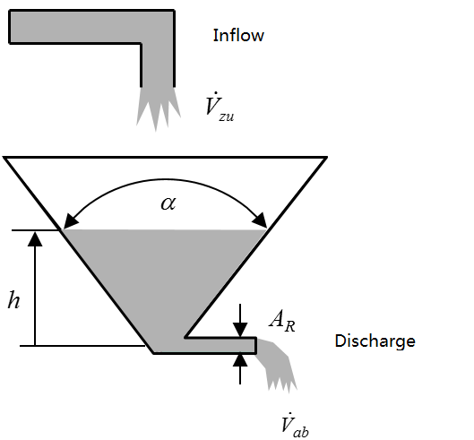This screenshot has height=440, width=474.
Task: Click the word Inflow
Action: [x=238, y=35]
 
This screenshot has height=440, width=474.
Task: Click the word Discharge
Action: [x=375, y=341]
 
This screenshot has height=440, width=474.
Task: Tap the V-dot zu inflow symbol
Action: [x=220, y=107]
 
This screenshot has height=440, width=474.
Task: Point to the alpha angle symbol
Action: [x=168, y=203]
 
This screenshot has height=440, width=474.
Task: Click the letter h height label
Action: [x=14, y=300]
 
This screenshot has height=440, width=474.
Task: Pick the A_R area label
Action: [x=281, y=321]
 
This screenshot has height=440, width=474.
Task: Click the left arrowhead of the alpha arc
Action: [x=70, y=220]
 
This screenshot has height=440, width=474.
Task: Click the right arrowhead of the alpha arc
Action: [x=260, y=220]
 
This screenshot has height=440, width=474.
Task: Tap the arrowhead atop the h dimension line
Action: [x=35, y=239]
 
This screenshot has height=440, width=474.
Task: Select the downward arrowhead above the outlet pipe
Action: [x=240, y=330]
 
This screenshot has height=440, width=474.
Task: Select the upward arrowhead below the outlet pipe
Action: [x=240, y=360]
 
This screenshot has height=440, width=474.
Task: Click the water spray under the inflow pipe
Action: [x=158, y=108]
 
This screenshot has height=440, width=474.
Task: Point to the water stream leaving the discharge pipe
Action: [x=276, y=365]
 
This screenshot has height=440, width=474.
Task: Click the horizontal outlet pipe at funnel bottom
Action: [x=220, y=345]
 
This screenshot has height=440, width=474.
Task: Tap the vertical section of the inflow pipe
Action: [x=158, y=65]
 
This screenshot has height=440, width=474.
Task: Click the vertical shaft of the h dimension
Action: [x=35, y=296]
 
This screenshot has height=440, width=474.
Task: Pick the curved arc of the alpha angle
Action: [x=166, y=180]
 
